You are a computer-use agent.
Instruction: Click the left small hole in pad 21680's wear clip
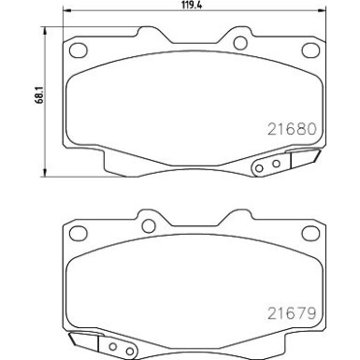260,168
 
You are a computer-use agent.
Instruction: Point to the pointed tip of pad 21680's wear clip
318,153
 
